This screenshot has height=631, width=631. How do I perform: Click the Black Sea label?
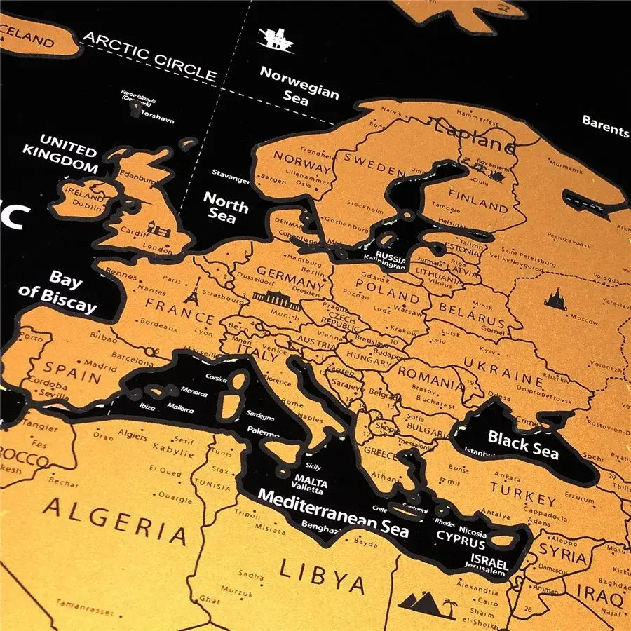[523, 445]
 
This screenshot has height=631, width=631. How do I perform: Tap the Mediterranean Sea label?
[333, 513]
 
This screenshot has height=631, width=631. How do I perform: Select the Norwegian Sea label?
[299, 85]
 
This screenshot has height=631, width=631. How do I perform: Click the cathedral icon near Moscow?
[555, 299]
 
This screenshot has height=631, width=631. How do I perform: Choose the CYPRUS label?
[461, 543]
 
